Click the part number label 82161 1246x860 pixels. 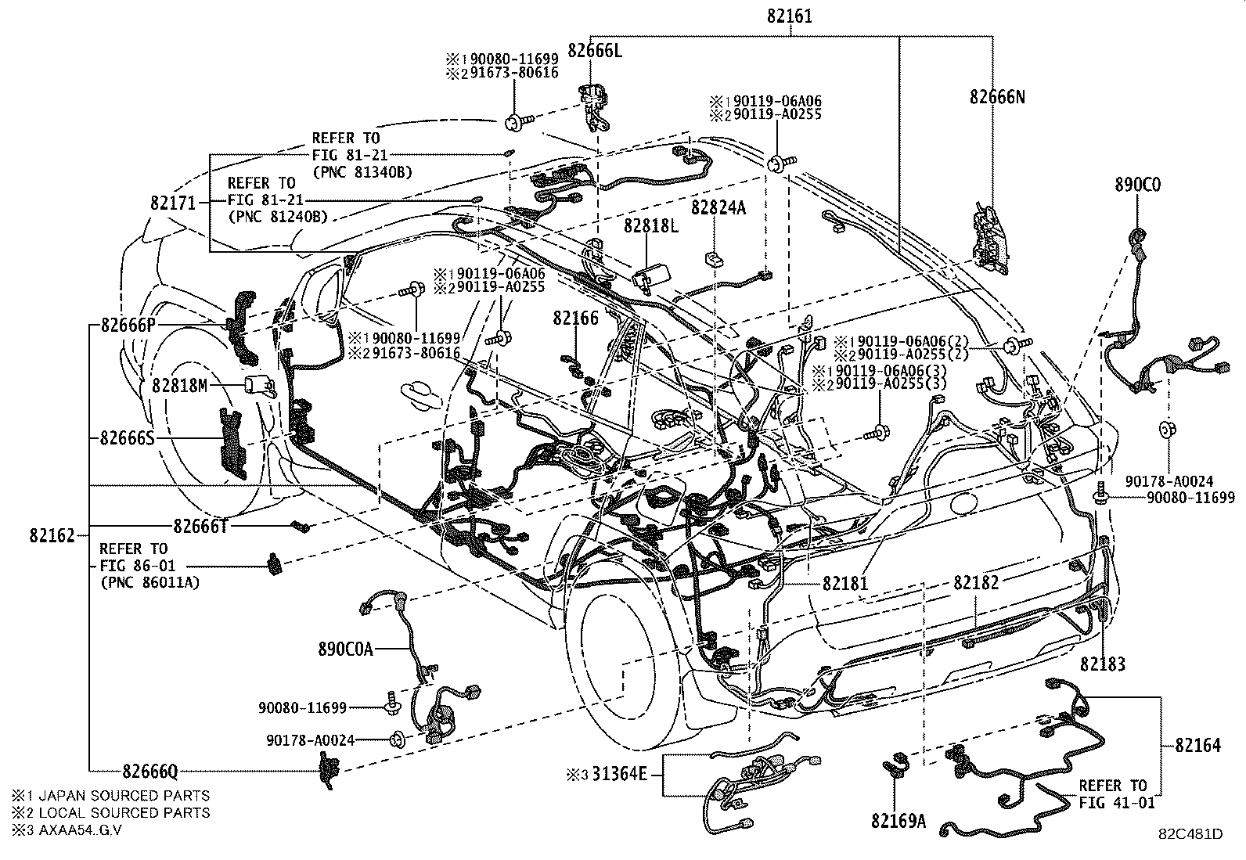pyautogui.click(x=790, y=14)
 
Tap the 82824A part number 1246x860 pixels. pyautogui.click(x=718, y=207)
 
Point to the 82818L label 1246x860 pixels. pyautogui.click(x=650, y=225)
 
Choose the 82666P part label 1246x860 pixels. pyautogui.click(x=127, y=325)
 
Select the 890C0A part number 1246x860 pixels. pyautogui.click(x=345, y=649)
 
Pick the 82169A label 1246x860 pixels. pyautogui.click(x=897, y=821)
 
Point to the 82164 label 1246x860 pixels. pyautogui.click(x=1197, y=745)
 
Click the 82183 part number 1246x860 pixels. pyautogui.click(x=1103, y=664)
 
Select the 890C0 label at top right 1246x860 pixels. pyautogui.click(x=1138, y=185)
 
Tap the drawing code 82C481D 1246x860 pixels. pyautogui.click(x=1190, y=834)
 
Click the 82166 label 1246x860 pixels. pyautogui.click(x=575, y=318)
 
